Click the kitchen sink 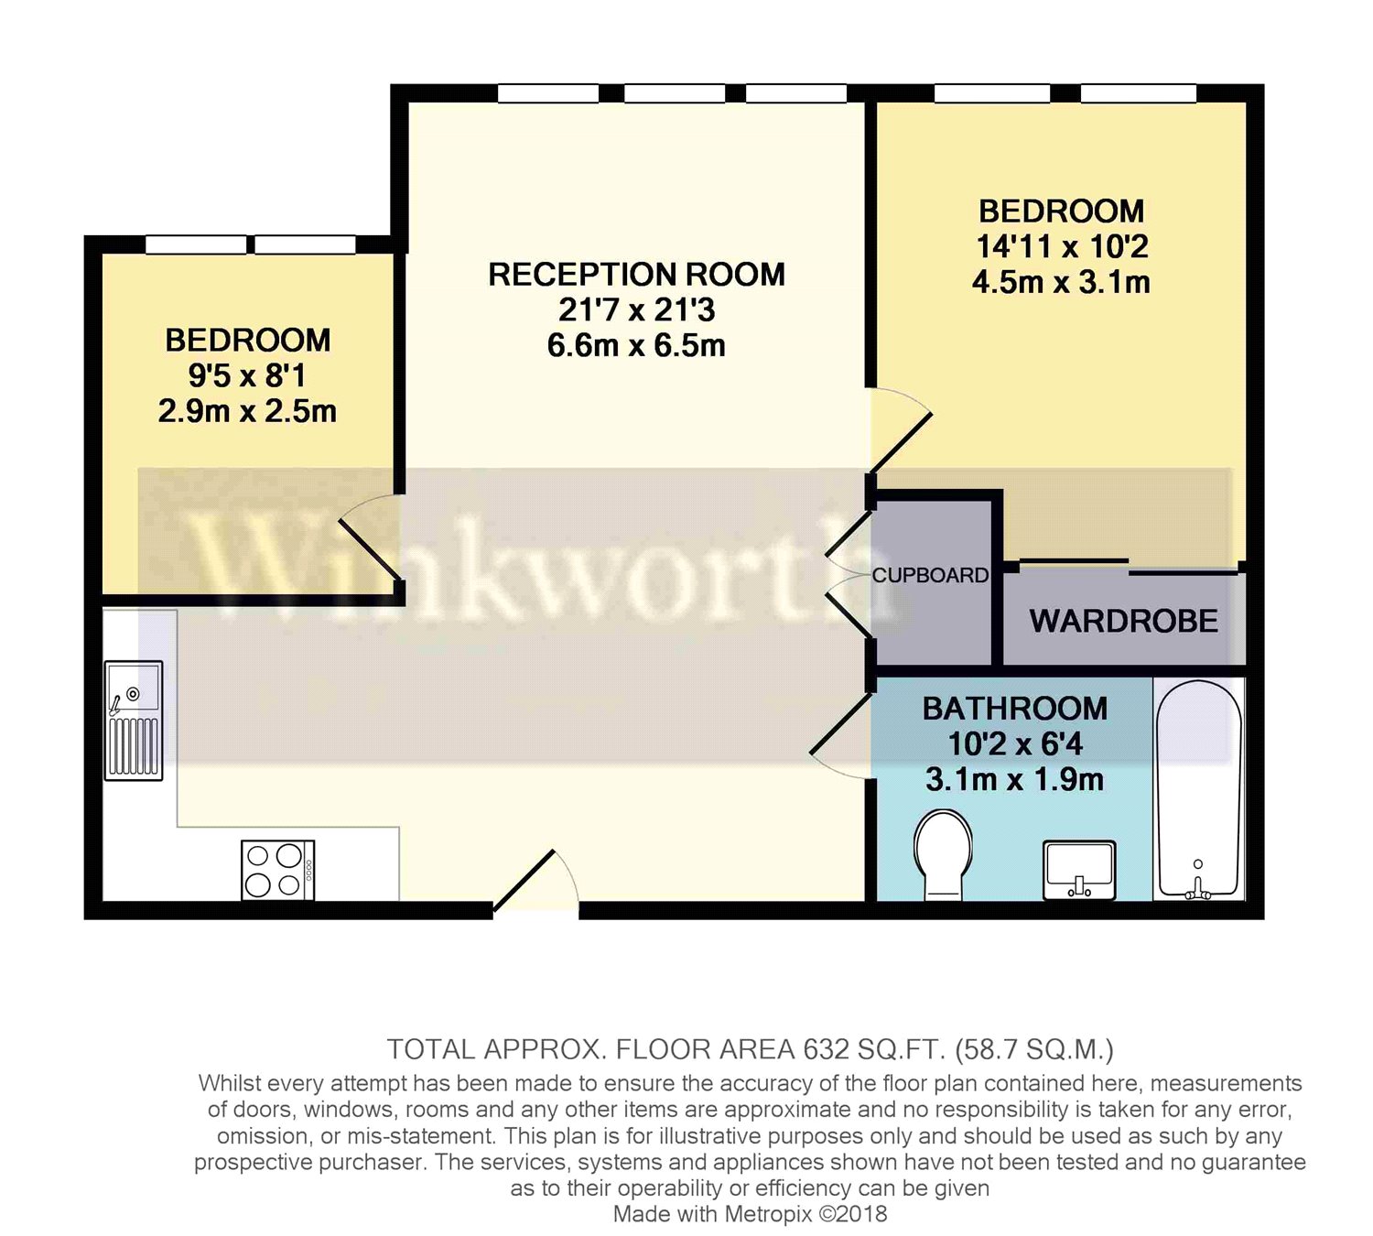point(134,721)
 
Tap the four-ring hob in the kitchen point(278,870)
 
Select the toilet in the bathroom point(943,855)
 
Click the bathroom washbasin point(1079,870)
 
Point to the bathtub point(1198,789)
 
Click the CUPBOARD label point(930,575)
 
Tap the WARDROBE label point(1124,621)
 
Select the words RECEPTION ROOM point(636,275)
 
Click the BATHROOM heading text point(1015,709)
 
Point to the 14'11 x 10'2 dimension point(1062,246)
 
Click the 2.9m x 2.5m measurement point(247,412)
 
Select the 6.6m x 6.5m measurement point(636,346)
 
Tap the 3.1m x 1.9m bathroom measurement point(1015,780)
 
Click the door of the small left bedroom point(371,537)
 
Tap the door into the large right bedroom point(900,430)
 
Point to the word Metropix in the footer point(769,1214)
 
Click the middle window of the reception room point(675,92)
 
